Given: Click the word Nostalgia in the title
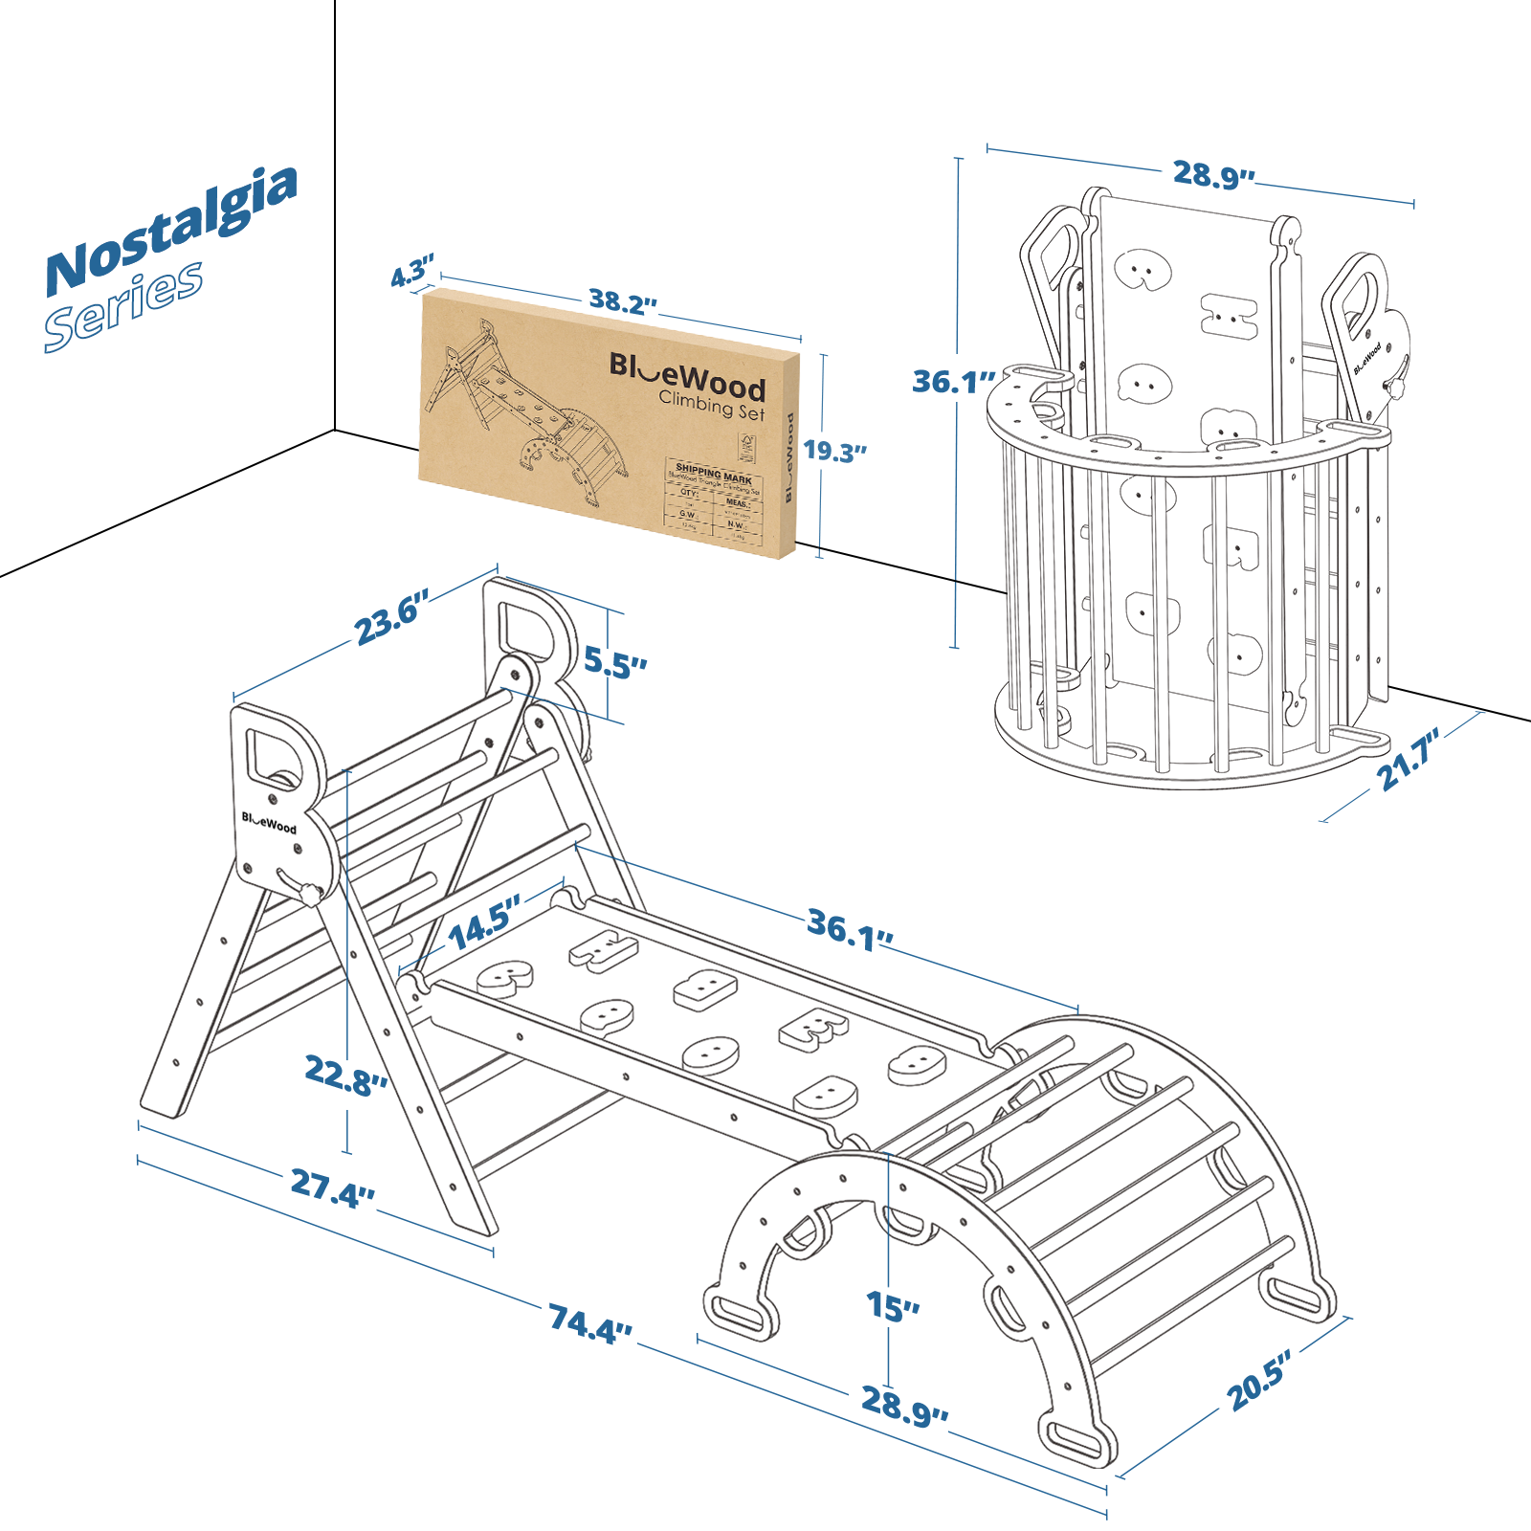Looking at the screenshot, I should [x=172, y=230].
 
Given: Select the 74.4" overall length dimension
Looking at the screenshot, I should [x=590, y=1323].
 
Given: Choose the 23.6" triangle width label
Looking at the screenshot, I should [x=391, y=618].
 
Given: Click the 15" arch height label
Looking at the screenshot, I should [x=893, y=1307].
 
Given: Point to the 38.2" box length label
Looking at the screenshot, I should [x=623, y=302].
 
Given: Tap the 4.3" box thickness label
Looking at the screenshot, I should [x=412, y=272].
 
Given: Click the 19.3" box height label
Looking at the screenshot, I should [x=834, y=451].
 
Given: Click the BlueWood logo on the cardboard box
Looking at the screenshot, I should [x=687, y=374].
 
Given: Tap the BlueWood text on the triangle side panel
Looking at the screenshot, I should [x=269, y=823].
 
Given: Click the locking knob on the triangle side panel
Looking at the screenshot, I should [x=310, y=895].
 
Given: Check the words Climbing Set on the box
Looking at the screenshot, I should [x=712, y=406].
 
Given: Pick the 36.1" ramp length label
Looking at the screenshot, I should [x=850, y=930].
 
